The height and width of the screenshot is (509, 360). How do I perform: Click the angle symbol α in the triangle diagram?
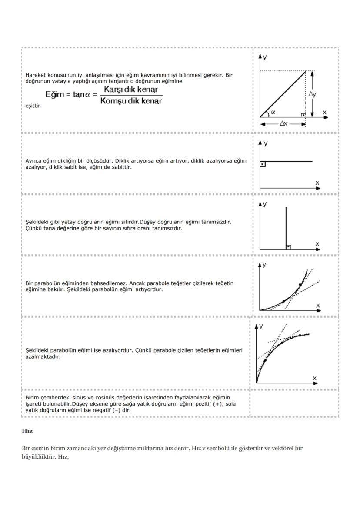point(273,112)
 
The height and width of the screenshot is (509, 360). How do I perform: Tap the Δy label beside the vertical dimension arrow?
point(312,94)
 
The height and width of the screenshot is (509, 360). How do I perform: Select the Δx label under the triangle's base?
point(283,124)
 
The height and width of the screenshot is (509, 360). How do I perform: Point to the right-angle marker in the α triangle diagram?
point(303,114)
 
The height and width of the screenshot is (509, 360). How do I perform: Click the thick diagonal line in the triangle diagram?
point(283,94)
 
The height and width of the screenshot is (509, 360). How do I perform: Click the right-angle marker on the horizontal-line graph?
point(263,164)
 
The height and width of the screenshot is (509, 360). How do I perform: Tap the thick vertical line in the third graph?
point(286,226)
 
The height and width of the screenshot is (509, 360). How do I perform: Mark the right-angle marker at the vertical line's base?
point(288,247)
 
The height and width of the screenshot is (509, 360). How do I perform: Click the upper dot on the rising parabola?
point(300,285)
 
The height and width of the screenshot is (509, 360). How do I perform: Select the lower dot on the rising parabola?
point(283,301)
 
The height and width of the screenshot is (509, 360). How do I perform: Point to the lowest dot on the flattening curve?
point(265,360)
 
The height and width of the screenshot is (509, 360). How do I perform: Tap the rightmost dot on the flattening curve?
point(300,335)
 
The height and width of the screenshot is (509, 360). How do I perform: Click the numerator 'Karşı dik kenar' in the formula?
point(130,90)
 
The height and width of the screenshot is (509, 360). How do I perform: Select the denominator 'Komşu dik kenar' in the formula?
point(130,101)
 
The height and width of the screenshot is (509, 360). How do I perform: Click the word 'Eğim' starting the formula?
point(54,95)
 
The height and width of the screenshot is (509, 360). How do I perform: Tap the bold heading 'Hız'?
point(27,431)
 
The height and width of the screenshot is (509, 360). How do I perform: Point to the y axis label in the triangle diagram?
point(265,57)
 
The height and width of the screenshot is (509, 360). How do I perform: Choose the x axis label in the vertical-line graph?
point(317,244)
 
